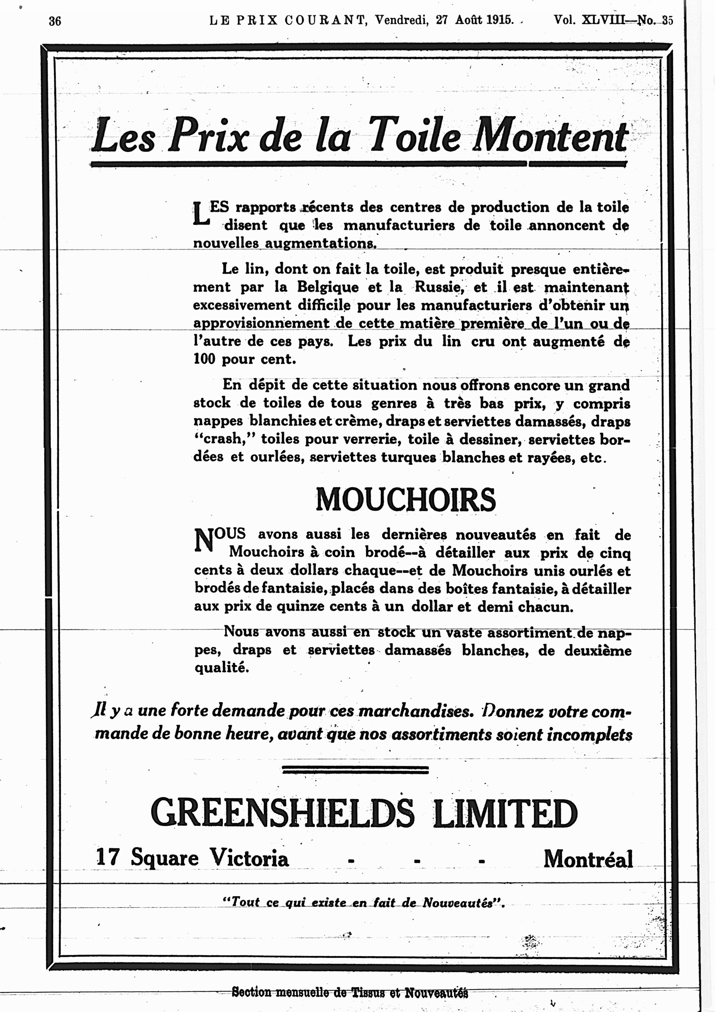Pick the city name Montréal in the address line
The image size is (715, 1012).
[x=588, y=858]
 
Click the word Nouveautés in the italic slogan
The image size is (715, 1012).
[x=457, y=903]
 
